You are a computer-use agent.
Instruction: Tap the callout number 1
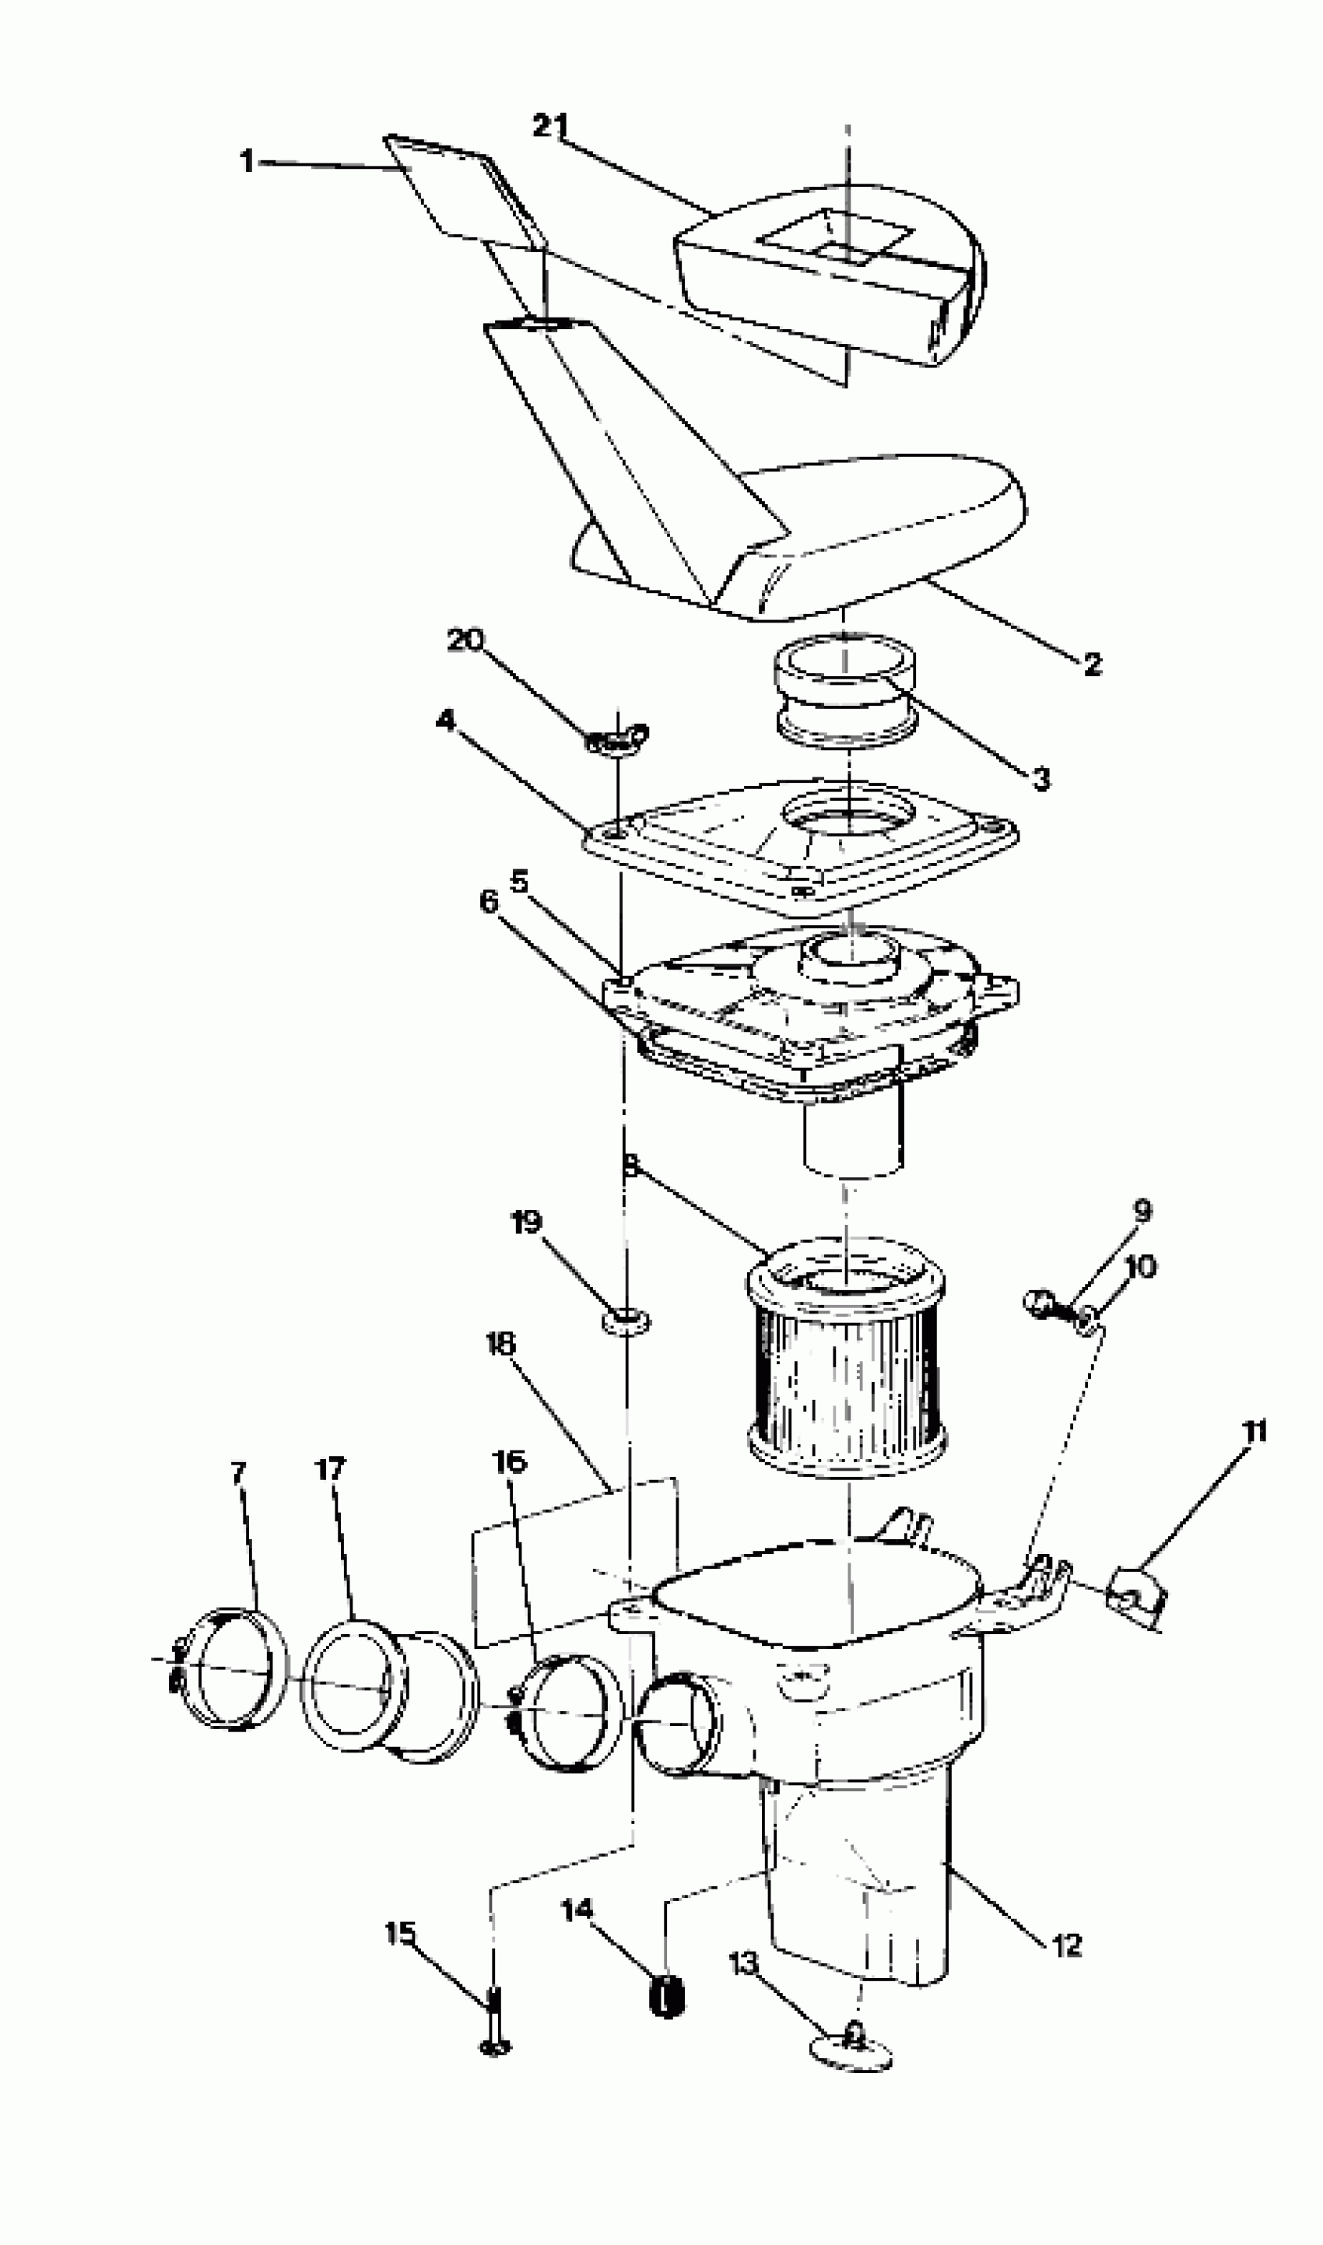247,161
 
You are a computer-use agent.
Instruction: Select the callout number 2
1092,663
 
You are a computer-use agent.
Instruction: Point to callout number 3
1041,778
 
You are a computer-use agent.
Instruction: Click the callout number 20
465,639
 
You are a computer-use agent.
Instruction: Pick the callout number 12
1067,1945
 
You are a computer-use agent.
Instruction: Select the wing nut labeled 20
618,736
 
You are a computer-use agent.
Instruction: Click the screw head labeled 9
1037,1301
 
